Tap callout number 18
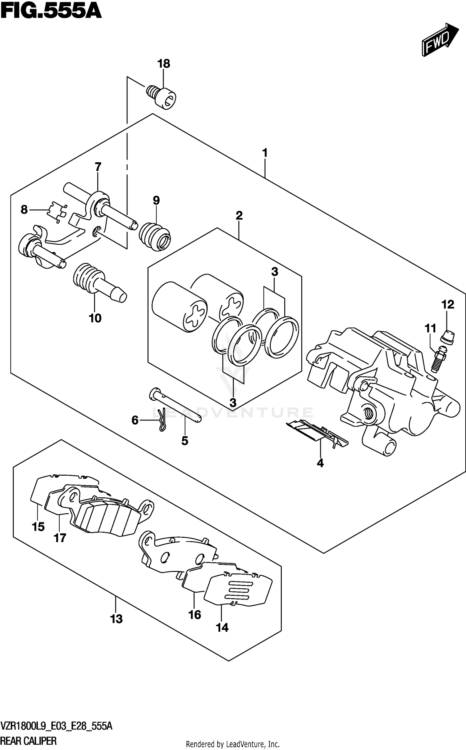coord(164,64)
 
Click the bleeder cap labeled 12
coord(448,337)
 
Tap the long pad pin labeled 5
coord(176,405)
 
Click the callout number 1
coord(264,153)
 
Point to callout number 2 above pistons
coord(239,215)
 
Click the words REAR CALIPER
coord(29,740)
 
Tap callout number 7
coord(98,167)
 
